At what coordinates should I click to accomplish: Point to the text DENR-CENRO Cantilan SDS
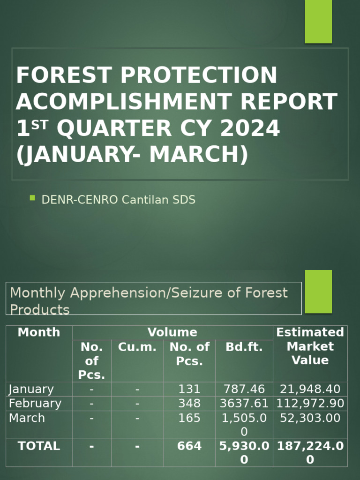118,200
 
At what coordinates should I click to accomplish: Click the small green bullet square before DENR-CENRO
32,198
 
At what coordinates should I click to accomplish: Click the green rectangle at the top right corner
318,21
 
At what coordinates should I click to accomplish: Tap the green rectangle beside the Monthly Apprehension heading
318,291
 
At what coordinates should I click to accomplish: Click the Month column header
39,332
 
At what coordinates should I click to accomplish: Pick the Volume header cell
172,332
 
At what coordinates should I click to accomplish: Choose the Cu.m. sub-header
137,347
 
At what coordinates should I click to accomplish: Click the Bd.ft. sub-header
244,347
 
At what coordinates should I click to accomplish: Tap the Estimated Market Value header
310,346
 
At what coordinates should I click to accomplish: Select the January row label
31,389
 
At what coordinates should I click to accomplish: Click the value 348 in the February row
189,404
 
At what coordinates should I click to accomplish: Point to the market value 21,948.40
310,389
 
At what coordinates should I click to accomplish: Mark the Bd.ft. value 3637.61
244,404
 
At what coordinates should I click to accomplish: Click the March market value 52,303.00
310,418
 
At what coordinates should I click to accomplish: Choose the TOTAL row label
39,446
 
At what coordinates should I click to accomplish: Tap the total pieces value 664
189,446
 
